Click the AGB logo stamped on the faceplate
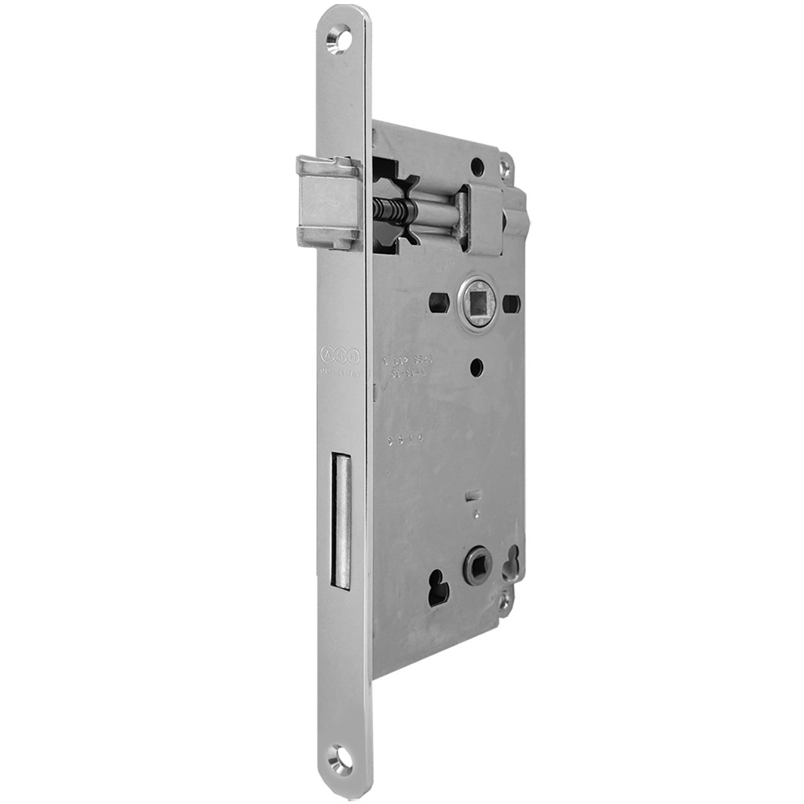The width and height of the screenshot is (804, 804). (341, 354)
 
